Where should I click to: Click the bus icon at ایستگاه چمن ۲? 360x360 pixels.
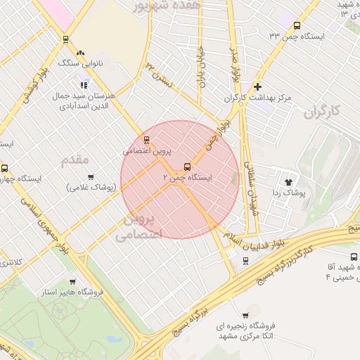(187, 167)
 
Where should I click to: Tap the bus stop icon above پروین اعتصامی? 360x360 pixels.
(146, 139)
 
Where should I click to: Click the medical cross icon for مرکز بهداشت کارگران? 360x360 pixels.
(258, 86)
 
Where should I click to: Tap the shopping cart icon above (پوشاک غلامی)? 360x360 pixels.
(90, 177)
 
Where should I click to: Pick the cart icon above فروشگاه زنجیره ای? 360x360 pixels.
(245, 315)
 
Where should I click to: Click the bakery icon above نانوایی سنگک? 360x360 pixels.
(80, 53)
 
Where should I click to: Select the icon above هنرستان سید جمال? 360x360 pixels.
(84, 85)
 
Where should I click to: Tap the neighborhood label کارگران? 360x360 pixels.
(323, 111)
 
